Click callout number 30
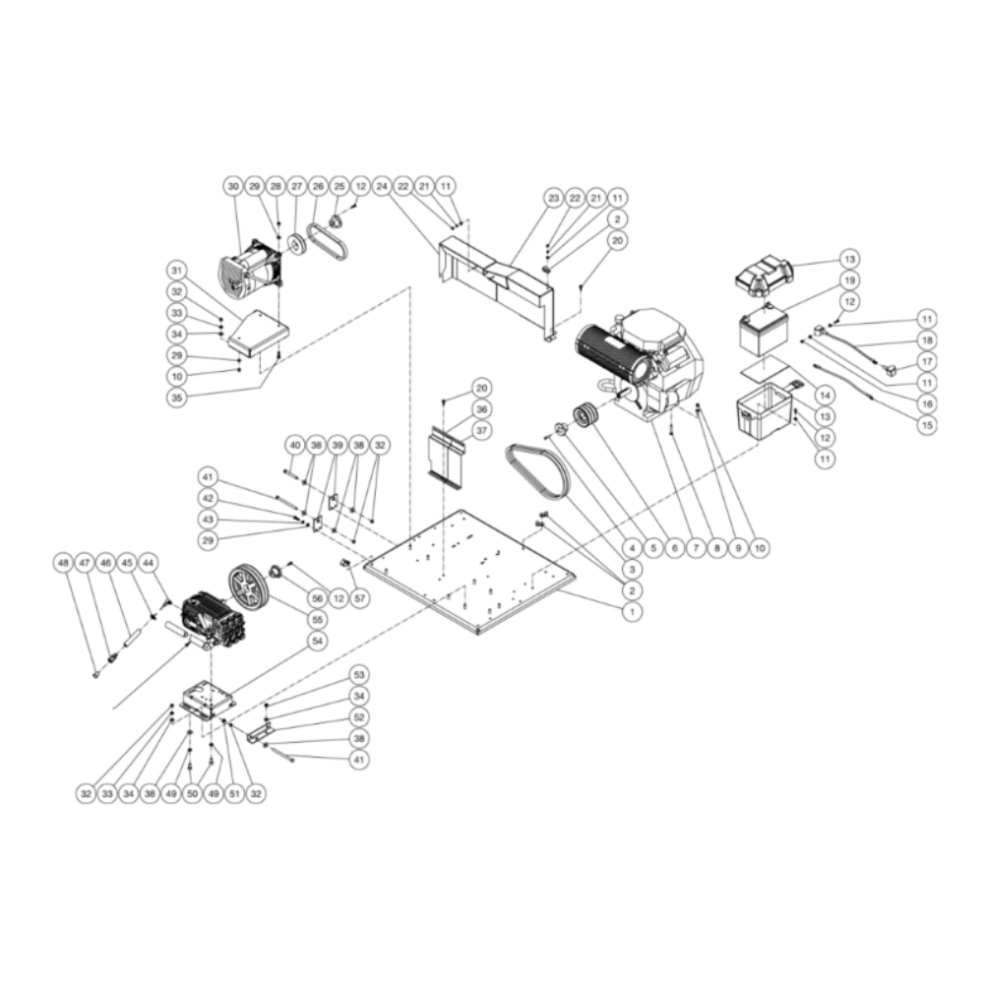tap(233, 185)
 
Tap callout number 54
tap(317, 641)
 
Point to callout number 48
tap(64, 564)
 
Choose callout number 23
tap(553, 198)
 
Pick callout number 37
tap(481, 430)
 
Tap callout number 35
tap(177, 399)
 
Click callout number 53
tap(358, 675)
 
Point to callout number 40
tap(294, 445)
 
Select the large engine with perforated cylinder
tap(640, 364)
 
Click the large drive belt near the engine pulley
tap(537, 470)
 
